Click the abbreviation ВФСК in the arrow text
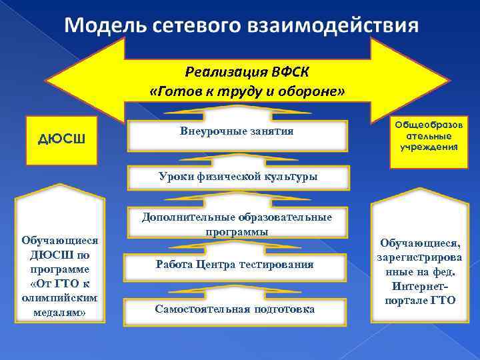pyautogui.click(x=291, y=71)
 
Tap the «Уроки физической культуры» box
pyautogui.click(x=237, y=177)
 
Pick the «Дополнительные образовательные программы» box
pyautogui.click(x=237, y=225)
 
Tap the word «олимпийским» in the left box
pyautogui.click(x=60, y=298)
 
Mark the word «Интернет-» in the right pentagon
pyautogui.click(x=420, y=286)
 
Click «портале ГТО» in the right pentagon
pyautogui.click(x=420, y=300)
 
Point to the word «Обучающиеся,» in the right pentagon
pyautogui.click(x=420, y=243)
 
